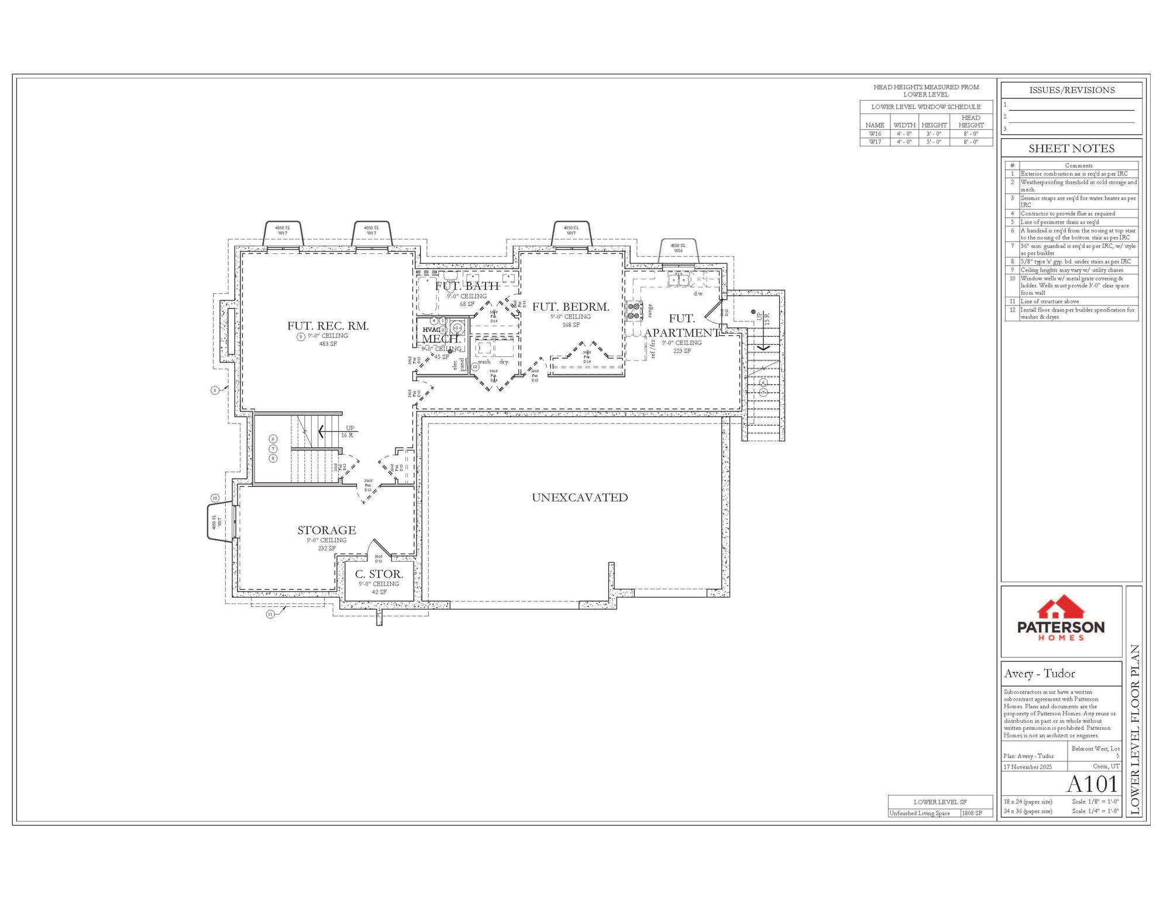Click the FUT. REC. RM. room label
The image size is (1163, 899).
(328, 326)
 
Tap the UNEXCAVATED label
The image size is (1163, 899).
(579, 497)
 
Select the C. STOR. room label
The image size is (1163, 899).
(379, 574)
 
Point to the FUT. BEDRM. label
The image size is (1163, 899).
(570, 307)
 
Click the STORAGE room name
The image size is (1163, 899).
(326, 530)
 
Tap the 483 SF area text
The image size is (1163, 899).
(328, 344)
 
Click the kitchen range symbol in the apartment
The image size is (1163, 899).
(634, 311)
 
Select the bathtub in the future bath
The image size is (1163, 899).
(427, 296)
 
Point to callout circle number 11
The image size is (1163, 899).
(270, 614)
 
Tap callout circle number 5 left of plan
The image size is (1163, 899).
(215, 390)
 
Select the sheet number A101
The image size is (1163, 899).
(1092, 784)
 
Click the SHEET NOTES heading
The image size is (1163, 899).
(1071, 148)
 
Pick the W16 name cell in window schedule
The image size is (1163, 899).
(874, 134)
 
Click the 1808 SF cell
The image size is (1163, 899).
(976, 813)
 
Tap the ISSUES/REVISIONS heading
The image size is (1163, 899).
(1071, 90)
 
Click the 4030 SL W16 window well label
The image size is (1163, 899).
(678, 248)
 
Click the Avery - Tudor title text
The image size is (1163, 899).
(1039, 674)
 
